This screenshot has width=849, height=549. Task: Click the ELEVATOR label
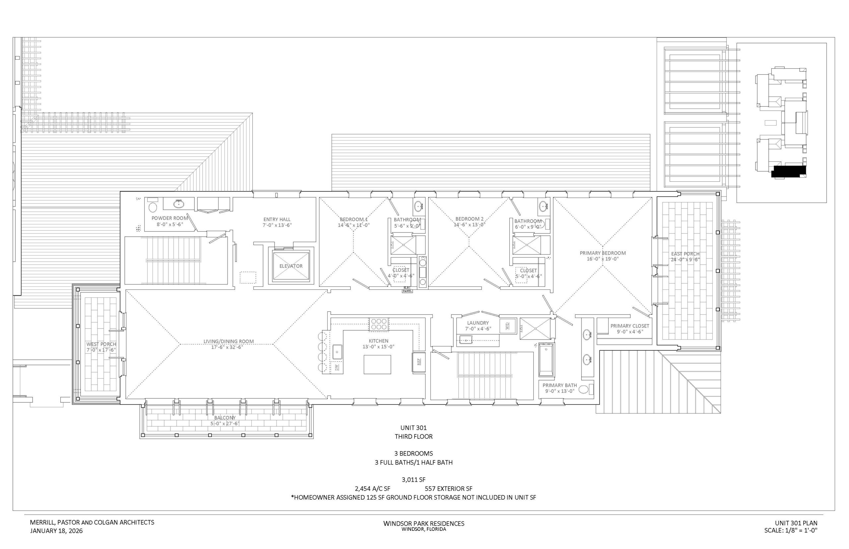[x=291, y=266]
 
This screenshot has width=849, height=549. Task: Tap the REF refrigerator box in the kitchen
[x=419, y=362]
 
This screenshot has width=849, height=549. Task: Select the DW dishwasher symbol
[x=337, y=368]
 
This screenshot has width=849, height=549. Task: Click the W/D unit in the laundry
[x=507, y=326]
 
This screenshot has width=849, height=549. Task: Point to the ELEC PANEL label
[x=407, y=289]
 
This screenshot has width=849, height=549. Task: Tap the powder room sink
[x=178, y=204]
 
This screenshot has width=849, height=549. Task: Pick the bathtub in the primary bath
[x=546, y=360]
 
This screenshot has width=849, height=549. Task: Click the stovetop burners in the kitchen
[x=379, y=324]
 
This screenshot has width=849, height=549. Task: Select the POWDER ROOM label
[x=170, y=218]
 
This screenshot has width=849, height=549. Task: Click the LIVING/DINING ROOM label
[x=229, y=341]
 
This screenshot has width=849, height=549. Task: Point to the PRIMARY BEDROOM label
[x=603, y=253]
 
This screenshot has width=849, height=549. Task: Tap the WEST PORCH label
[x=101, y=344]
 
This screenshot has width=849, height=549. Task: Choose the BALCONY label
[x=225, y=418]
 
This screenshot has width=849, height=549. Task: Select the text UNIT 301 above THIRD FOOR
[x=413, y=427]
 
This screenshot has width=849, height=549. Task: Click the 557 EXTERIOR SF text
[x=449, y=489]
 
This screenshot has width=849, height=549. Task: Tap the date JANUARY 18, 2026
[x=56, y=531]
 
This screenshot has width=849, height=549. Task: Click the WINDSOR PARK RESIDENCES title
[x=424, y=524]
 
